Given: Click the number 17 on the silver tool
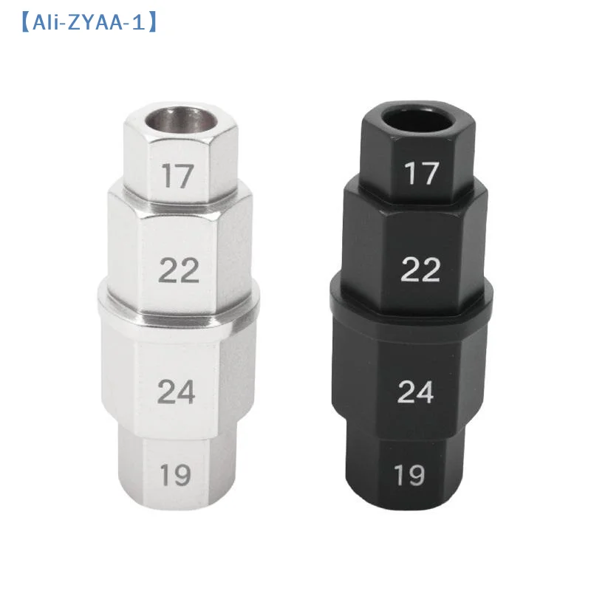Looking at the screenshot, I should tap(177, 177).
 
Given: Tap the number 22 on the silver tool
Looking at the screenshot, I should tap(180, 271).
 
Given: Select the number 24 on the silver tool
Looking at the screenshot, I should tap(177, 392).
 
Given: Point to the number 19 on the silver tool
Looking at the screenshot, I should tap(175, 476).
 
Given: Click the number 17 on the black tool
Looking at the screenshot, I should tap(422, 174).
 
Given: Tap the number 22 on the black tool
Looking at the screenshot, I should tap(420, 270).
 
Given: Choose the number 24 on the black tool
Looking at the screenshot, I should tap(415, 392).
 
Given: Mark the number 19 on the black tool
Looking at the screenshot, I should tap(410, 475).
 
